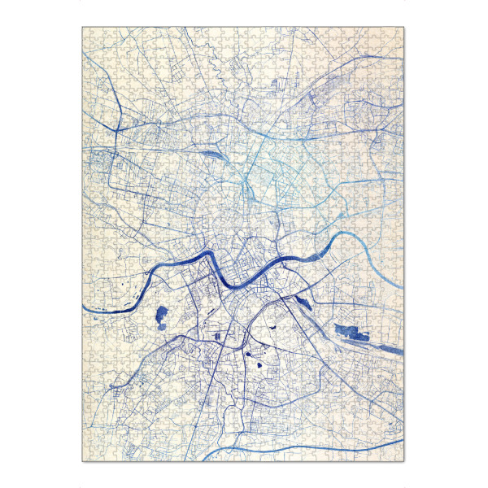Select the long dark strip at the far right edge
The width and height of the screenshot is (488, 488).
click(388, 346)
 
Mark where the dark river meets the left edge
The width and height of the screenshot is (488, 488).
click(84, 307)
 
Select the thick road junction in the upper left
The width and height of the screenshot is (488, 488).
click(115, 130)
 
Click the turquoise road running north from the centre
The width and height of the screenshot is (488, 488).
click(262, 163)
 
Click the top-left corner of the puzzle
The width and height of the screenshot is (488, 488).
click(82, 27)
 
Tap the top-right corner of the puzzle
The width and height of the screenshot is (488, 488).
click(405, 27)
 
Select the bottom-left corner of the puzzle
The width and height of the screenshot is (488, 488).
click(82, 461)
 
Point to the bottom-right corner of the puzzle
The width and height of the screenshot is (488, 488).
click(405, 461)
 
